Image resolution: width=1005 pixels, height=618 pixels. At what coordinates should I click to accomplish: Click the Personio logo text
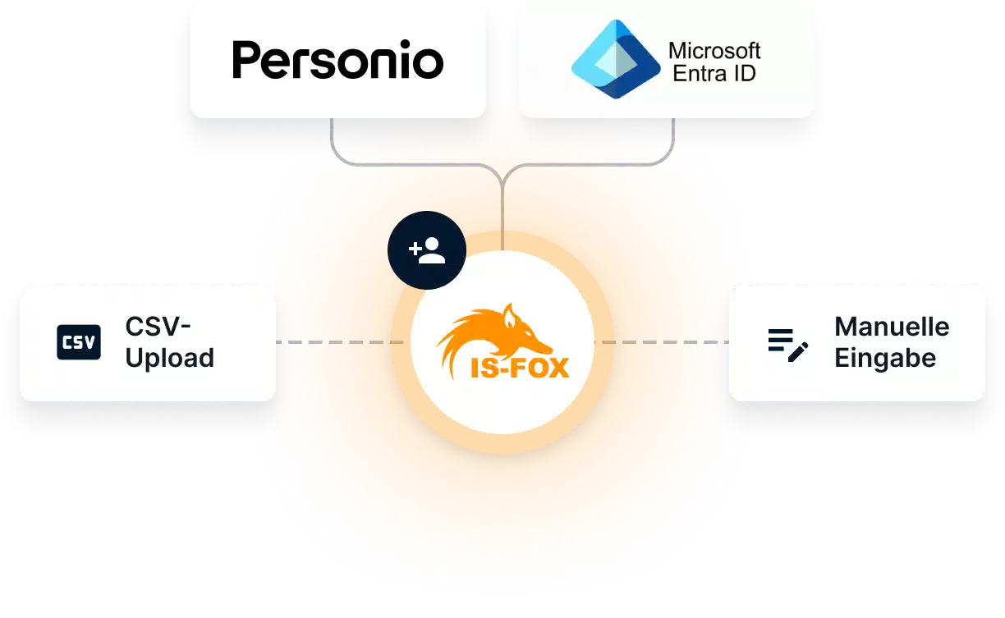click(x=337, y=60)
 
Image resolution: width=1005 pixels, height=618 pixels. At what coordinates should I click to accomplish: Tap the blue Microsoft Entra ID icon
click(x=615, y=60)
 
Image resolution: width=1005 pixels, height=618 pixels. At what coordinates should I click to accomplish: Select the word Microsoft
click(x=714, y=50)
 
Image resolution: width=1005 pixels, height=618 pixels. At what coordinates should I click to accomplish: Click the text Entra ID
click(x=714, y=73)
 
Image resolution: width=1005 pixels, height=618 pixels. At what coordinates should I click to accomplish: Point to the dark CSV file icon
click(x=79, y=342)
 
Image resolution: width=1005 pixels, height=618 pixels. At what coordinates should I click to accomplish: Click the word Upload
click(x=170, y=358)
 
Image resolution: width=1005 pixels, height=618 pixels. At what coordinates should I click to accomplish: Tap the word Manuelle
click(x=892, y=327)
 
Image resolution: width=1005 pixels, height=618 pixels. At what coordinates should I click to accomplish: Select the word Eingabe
click(x=885, y=358)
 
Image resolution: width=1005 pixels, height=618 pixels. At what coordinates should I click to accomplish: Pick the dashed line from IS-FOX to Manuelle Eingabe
click(x=666, y=341)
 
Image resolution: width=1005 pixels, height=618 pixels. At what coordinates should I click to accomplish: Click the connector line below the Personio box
click(x=332, y=135)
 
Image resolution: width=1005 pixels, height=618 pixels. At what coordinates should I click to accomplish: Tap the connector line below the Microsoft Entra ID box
click(x=673, y=135)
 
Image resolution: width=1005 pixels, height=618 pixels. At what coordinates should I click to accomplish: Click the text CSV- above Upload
click(x=158, y=327)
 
